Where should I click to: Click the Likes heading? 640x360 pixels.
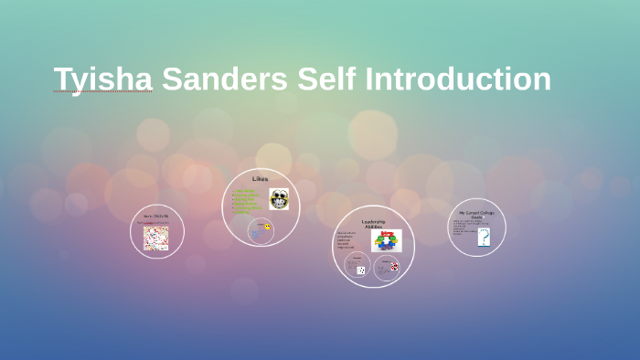click(x=260, y=178)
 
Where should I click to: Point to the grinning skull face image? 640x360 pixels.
click(x=279, y=199)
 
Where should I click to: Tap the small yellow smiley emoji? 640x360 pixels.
click(x=268, y=227)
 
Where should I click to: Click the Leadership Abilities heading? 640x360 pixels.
click(x=373, y=222)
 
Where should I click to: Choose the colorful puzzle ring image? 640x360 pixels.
click(x=386, y=241)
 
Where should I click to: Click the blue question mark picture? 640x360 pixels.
click(x=484, y=238)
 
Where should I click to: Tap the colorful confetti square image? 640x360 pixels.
click(x=156, y=238)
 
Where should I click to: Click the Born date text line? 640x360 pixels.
click(x=155, y=217)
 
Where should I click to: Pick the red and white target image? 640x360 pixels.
click(x=394, y=267)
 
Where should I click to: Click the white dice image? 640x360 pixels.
click(x=360, y=270)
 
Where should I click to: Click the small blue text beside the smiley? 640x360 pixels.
click(x=257, y=234)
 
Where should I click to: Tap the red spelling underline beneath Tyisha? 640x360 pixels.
click(x=76, y=92)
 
